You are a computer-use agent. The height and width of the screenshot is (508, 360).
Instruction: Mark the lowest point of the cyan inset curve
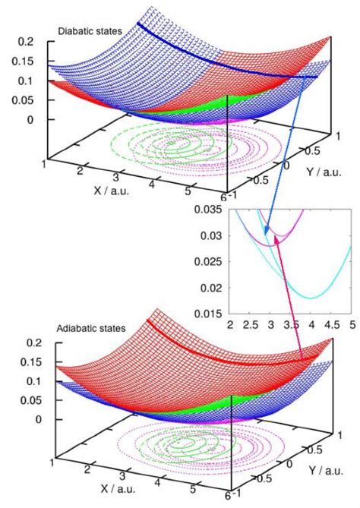click(312, 297)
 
